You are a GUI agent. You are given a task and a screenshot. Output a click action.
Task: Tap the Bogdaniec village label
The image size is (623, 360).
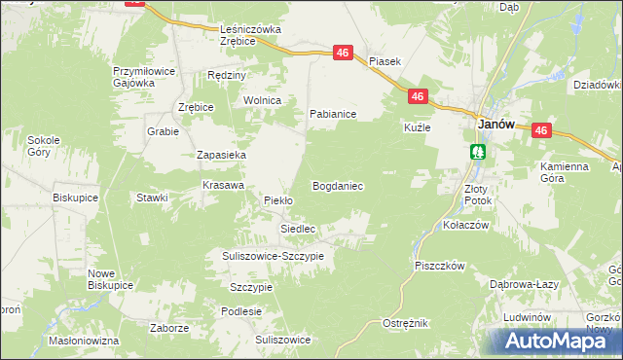tap(337, 185)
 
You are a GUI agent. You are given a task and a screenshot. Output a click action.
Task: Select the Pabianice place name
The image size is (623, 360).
tap(333, 114)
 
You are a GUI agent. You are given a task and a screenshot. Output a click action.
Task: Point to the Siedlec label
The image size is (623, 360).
tap(298, 229)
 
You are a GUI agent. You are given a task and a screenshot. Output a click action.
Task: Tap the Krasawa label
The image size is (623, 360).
tap(222, 185)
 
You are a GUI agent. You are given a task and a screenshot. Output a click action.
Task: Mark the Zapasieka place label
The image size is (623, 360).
tap(221, 155)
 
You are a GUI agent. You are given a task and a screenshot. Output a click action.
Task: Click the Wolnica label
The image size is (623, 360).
tap(263, 100)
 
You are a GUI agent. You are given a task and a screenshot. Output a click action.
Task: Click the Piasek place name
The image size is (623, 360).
tap(385, 60)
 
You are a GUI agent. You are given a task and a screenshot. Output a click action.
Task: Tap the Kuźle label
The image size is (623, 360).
tap(418, 127)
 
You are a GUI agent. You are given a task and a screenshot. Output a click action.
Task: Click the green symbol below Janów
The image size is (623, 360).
tap(478, 151)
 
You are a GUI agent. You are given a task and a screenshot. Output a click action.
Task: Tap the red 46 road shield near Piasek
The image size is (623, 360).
tap(343, 54)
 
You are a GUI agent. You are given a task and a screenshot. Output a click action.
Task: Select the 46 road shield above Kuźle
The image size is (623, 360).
tap(417, 96)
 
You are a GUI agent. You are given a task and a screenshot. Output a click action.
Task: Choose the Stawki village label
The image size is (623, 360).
tap(153, 198)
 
